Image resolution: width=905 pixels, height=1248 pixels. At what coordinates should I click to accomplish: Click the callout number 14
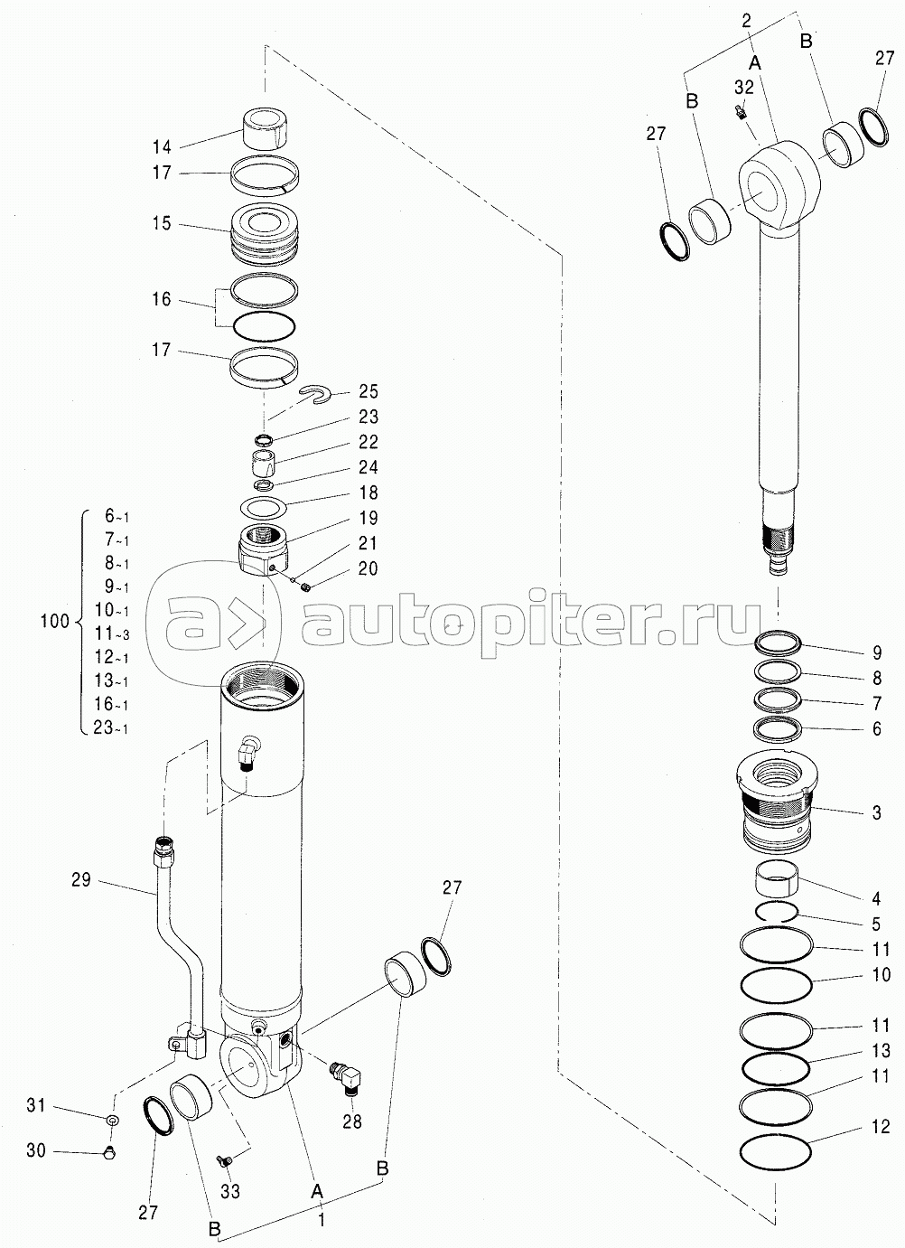coord(162,145)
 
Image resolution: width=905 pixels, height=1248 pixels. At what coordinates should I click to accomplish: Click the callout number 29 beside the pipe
coord(81,878)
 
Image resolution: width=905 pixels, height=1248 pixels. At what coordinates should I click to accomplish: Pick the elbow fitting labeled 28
coord(348,1074)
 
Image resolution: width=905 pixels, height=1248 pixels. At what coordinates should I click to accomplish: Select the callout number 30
coord(36,1151)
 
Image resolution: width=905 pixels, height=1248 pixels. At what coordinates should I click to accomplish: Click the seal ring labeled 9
coord(779,643)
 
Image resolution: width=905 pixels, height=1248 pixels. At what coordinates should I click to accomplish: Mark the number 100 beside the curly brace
coord(55,622)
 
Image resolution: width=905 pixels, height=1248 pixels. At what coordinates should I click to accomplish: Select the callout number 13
coord(882,1050)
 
